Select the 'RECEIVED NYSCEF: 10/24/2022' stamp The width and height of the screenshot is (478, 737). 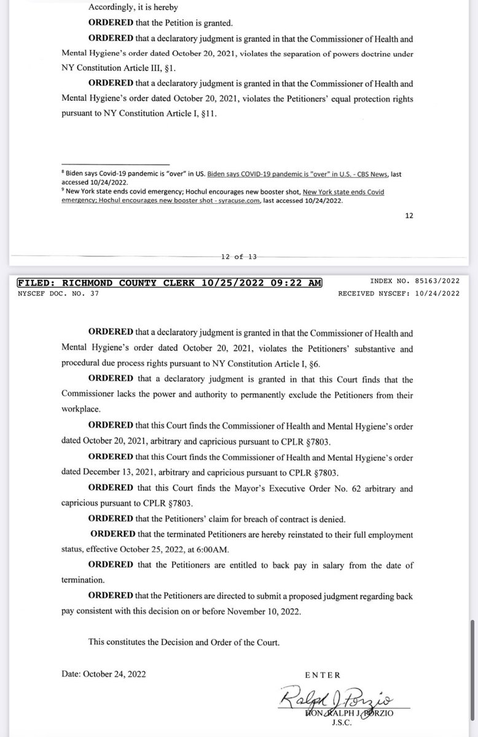click(399, 293)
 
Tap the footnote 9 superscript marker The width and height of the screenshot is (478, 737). click(63, 190)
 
